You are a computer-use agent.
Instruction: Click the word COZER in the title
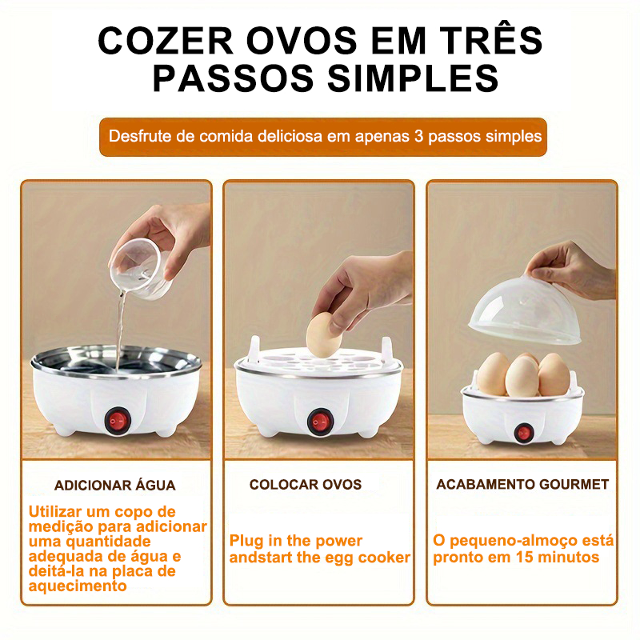click(x=166, y=41)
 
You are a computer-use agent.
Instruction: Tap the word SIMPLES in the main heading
click(x=412, y=78)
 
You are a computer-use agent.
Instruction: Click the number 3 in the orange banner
click(x=418, y=136)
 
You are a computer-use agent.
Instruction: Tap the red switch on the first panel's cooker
click(x=117, y=421)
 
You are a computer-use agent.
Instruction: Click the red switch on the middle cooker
click(x=319, y=422)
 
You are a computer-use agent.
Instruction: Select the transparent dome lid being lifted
click(x=525, y=310)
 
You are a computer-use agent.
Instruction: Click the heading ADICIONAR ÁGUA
click(x=115, y=485)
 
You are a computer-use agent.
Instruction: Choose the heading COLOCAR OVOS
click(x=306, y=485)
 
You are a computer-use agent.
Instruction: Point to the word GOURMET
click(x=574, y=484)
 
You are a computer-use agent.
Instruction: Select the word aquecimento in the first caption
click(x=78, y=586)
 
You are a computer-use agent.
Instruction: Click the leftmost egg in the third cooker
click(x=493, y=374)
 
